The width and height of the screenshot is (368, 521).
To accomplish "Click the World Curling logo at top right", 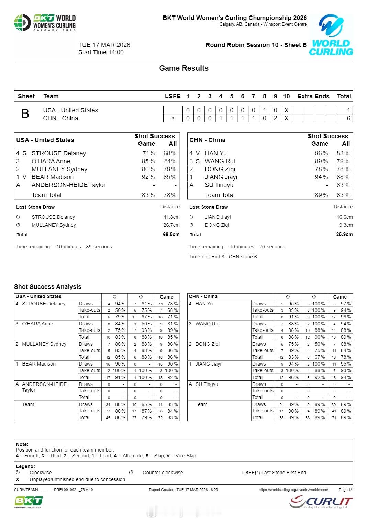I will coord(331,35).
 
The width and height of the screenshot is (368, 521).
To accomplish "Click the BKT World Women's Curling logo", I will coord(45,23).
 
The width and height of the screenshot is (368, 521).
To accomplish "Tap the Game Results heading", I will coord(183,68).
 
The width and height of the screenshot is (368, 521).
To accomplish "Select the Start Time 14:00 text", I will coord(101,52).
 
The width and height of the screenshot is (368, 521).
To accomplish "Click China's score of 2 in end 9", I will coord(275,118).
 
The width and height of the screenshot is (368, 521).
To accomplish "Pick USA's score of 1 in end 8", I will coord(264,110).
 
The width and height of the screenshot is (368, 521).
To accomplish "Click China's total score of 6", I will coord(348,118).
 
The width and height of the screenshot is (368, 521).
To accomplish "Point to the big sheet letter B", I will coord(25,114).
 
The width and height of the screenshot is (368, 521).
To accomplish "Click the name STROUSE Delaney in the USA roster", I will coord(59,153).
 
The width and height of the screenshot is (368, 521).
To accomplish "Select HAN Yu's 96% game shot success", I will coord(321,153).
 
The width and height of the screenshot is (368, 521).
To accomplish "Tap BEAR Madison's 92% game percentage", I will coord(148,177).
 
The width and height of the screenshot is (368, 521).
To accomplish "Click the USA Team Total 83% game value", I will coord(148,195).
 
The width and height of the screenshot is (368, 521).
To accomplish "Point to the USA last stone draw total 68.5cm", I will coord(171,235).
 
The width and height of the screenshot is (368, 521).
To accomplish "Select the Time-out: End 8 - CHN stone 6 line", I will coord(223,257).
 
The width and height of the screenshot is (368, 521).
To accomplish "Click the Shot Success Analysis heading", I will coord(48,287).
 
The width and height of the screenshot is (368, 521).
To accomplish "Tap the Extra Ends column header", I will coord(313,96).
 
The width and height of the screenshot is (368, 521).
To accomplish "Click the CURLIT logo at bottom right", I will coord(321,502).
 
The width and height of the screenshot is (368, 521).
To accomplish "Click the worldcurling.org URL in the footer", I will coord(293,490).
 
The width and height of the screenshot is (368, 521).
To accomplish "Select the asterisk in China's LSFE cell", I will coord(173,119).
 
